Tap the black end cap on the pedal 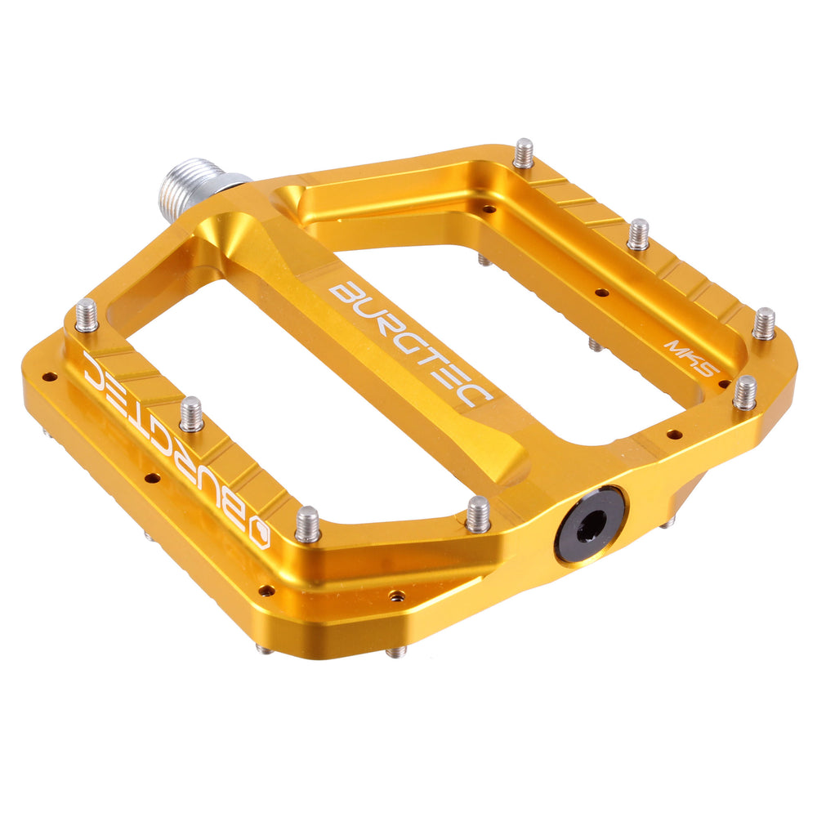[x=590, y=524]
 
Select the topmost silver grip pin [x=524, y=154]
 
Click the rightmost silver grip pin [x=764, y=324]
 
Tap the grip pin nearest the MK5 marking [x=744, y=392]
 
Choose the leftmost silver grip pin [x=87, y=315]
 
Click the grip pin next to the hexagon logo [x=307, y=524]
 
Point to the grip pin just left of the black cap [x=478, y=514]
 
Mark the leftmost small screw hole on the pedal [x=49, y=377]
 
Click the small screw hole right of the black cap [x=674, y=434]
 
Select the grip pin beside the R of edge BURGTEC [x=191, y=414]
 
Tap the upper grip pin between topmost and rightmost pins [x=639, y=234]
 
